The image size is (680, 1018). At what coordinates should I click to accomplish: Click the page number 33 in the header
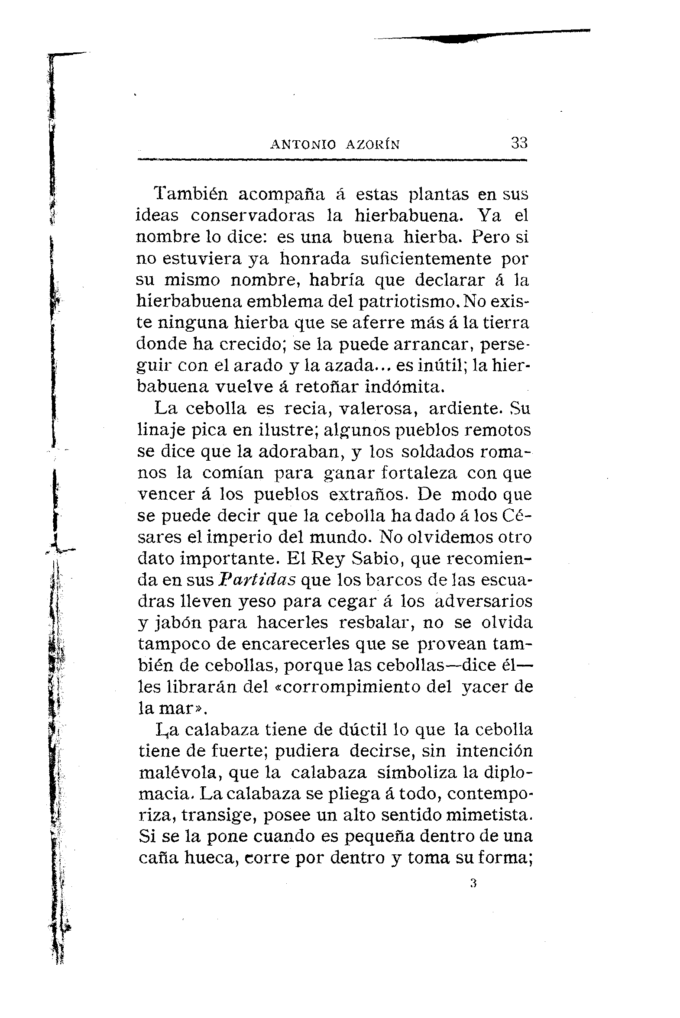click(x=519, y=142)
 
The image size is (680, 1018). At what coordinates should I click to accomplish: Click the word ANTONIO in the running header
click(x=303, y=144)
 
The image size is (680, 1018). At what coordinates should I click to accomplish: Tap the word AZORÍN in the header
click(x=372, y=144)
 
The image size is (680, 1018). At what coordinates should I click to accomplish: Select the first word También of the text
click(x=191, y=194)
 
